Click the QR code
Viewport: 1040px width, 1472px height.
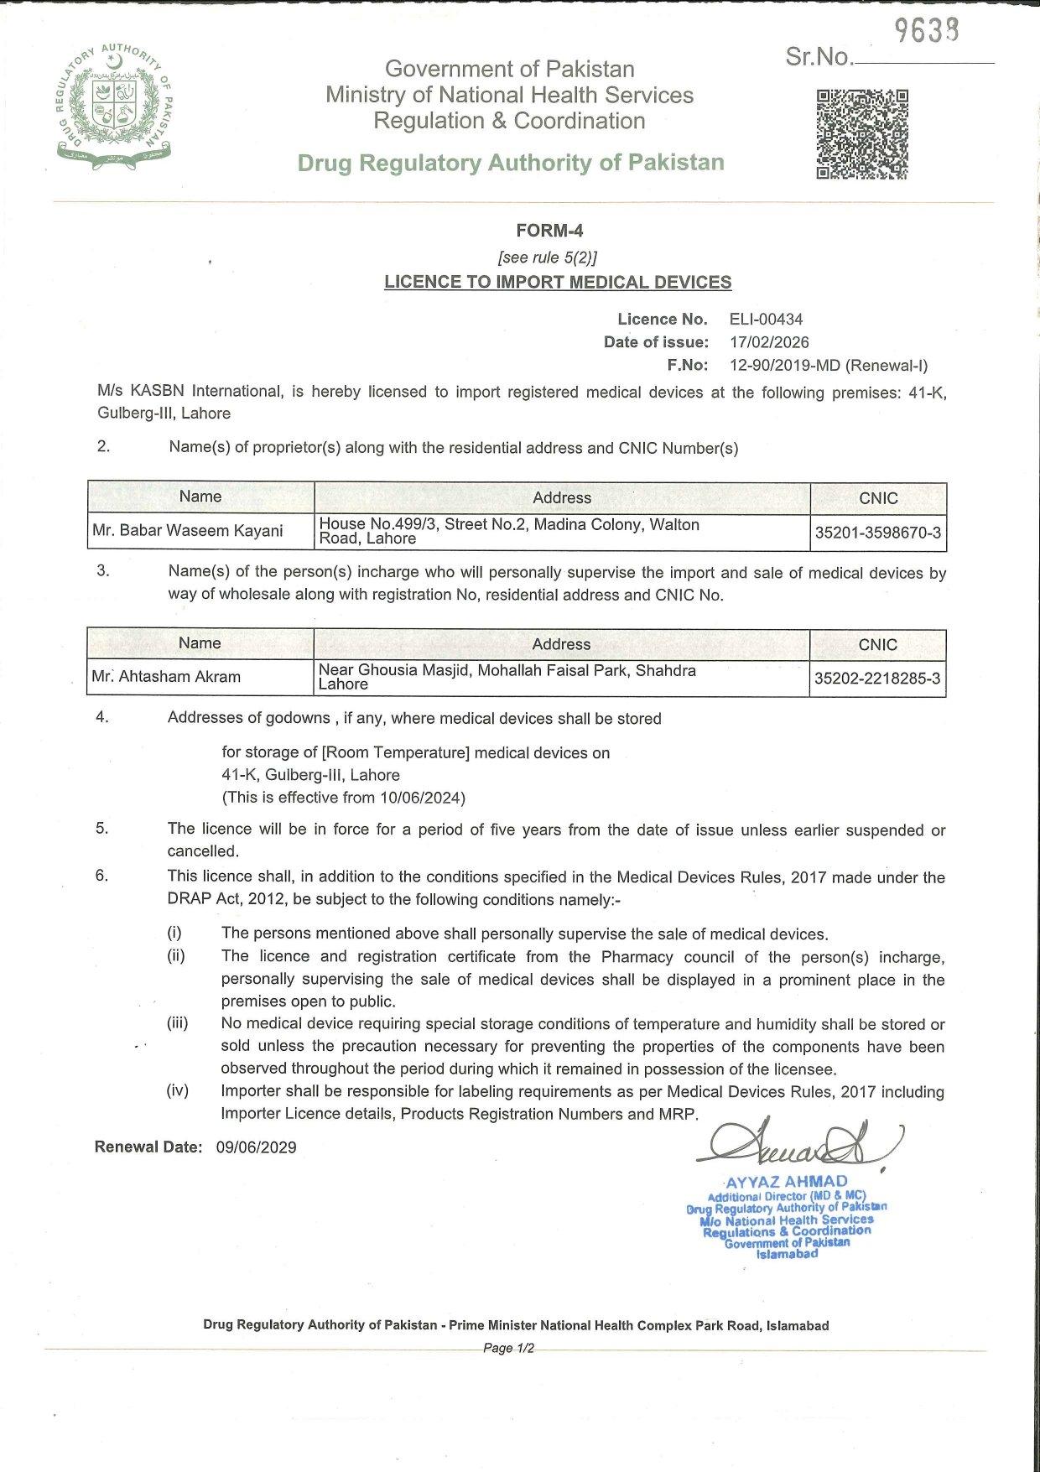point(862,134)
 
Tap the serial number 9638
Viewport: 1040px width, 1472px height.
point(926,31)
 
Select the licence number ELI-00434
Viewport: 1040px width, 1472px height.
point(766,320)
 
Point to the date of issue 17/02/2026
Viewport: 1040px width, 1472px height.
point(769,342)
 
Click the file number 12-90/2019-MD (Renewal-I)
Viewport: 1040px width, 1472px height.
point(829,365)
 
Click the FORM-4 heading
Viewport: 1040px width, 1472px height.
point(549,231)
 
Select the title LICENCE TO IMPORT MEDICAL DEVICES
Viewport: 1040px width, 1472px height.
point(558,283)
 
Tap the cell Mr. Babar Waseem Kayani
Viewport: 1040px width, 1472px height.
point(188,531)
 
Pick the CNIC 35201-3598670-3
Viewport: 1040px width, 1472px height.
point(878,533)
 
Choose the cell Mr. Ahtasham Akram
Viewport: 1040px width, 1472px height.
point(166,677)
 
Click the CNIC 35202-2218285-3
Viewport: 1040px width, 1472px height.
point(877,679)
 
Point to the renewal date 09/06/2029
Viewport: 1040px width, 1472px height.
point(256,1147)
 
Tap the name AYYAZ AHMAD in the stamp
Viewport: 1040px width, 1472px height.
point(786,1181)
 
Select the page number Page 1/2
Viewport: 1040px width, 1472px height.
point(508,1349)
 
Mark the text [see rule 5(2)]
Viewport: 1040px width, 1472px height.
point(548,257)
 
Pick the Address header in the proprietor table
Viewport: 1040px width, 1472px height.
point(562,497)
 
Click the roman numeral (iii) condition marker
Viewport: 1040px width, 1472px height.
point(177,1023)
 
